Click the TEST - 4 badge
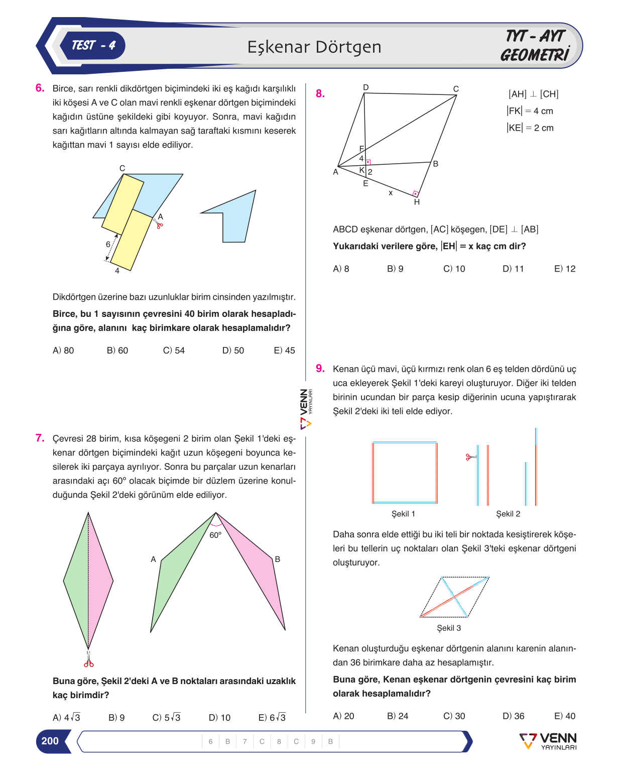(92, 46)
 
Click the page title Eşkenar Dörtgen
(314, 47)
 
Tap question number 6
(40, 88)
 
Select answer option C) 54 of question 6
(174, 351)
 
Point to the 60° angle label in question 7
(215, 535)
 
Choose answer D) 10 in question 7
(219, 718)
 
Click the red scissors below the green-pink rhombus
(88, 659)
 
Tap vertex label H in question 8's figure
(417, 202)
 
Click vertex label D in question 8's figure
(366, 87)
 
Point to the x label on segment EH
(391, 193)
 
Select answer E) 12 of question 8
(565, 269)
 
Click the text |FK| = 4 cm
(530, 111)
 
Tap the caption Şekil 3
(449, 628)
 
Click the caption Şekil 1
(403, 514)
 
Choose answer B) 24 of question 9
(398, 716)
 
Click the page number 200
(50, 741)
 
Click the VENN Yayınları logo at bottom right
(548, 741)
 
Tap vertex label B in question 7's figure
(277, 559)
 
